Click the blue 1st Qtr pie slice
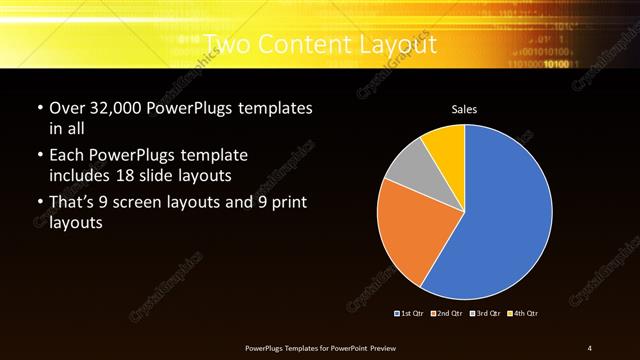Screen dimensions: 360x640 click(x=505, y=215)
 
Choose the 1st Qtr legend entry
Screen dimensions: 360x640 click(x=411, y=313)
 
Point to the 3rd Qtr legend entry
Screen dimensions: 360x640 click(x=485, y=313)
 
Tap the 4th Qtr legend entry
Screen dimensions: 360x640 click(x=524, y=313)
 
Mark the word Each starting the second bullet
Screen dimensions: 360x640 click(x=68, y=156)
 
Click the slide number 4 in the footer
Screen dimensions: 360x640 click(x=589, y=347)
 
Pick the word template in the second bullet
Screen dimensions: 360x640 click(x=213, y=156)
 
